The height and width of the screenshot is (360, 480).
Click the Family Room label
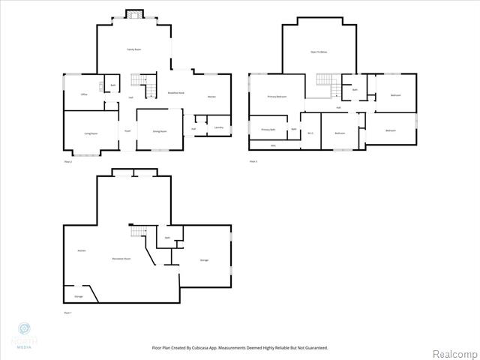(133, 49)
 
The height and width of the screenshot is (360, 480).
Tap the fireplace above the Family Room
(133, 14)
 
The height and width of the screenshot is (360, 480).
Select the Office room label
(85, 94)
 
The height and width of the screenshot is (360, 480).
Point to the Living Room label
(91, 133)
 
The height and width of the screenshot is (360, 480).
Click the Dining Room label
(159, 131)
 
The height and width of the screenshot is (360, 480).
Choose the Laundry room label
(218, 127)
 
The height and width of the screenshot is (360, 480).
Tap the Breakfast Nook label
(177, 92)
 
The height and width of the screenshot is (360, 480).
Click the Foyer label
(127, 130)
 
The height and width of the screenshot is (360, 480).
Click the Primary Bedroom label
(277, 97)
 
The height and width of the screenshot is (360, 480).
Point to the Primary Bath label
(268, 130)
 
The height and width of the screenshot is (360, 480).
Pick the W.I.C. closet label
(310, 133)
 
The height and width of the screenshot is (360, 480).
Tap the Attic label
(273, 145)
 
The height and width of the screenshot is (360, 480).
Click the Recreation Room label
(121, 259)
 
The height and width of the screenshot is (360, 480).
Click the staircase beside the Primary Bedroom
(323, 79)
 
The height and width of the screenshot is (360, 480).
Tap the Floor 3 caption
(253, 161)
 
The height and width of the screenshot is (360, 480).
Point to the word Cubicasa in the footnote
(216, 348)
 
